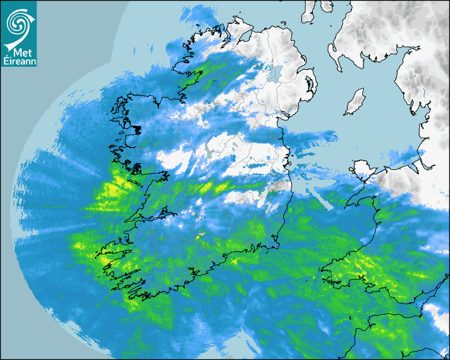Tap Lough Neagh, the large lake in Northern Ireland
coord(274,73)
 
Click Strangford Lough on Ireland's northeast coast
coord(309,85)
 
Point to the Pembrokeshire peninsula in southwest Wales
coord(334,270)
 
